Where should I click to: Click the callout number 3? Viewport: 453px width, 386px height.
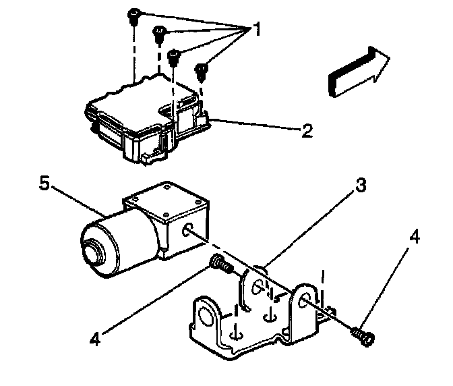[x=361, y=186]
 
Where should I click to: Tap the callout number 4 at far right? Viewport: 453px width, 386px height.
[x=416, y=237]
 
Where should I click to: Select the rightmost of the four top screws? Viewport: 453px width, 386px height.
[x=202, y=70]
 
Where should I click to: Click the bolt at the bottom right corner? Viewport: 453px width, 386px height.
[x=363, y=335]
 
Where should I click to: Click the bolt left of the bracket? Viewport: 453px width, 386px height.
[x=220, y=264]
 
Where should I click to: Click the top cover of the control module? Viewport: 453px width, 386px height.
[x=145, y=102]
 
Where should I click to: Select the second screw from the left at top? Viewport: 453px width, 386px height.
[x=160, y=32]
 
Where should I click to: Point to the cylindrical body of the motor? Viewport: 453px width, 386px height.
[x=125, y=240]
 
